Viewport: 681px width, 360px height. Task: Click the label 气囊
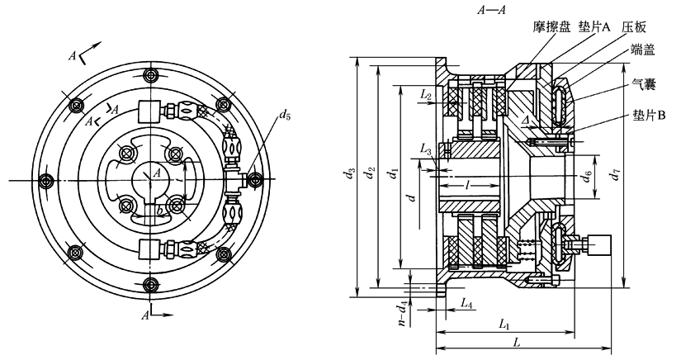tap(644, 84)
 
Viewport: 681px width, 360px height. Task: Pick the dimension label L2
tap(426, 96)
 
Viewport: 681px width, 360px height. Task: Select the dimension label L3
tap(426, 149)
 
